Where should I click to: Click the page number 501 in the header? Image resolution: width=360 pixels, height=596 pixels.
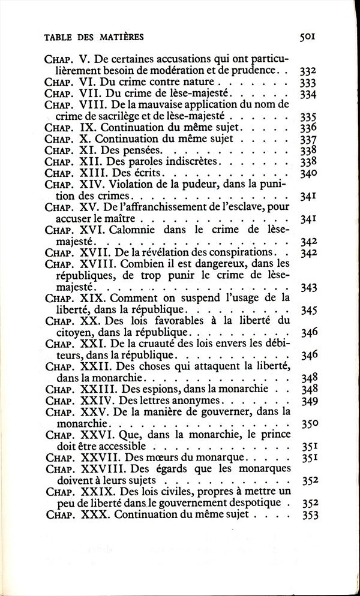[308, 37]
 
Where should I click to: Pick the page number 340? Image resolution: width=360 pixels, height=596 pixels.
[308, 173]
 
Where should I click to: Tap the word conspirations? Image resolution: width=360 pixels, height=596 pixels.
[230, 252]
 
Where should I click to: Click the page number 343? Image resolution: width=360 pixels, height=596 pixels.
[308, 288]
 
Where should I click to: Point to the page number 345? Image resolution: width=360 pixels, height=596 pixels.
[308, 311]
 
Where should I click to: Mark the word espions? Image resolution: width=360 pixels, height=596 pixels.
[143, 389]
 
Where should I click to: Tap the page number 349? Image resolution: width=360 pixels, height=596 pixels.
[308, 401]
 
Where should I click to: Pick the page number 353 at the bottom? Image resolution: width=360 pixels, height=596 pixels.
[308, 514]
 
